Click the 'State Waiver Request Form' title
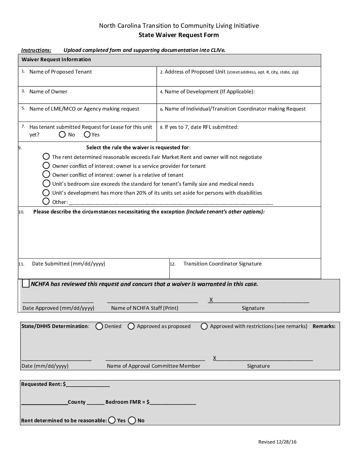tap(178, 35)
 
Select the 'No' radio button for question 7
tap(62, 134)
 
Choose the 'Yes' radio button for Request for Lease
tap(87, 134)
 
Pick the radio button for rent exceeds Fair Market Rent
tap(46, 156)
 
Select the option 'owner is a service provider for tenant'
tap(46, 165)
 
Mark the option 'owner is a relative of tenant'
tap(46, 174)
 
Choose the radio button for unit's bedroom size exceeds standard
tap(46, 183)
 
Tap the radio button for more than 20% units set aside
tap(46, 192)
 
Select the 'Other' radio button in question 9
tap(46, 201)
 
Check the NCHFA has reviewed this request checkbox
tap(26, 284)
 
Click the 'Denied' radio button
tap(99, 326)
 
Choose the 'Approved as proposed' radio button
tap(131, 326)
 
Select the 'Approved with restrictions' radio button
tap(204, 326)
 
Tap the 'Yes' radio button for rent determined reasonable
tap(112, 420)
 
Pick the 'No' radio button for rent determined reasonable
tap(132, 420)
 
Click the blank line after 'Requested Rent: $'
tap(88, 385)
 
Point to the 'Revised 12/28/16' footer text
tap(277, 442)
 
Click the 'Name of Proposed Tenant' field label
tap(61, 72)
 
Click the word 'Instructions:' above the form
tap(36, 50)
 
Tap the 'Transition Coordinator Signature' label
tap(222, 264)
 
